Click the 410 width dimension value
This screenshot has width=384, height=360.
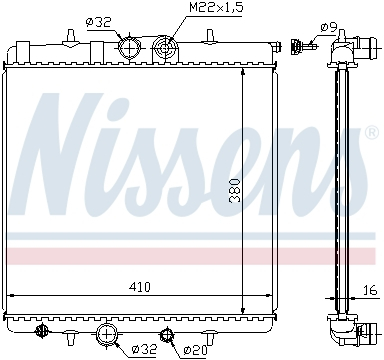(x=139, y=287)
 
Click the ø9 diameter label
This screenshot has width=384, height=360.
(x=328, y=26)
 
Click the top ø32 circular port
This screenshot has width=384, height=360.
(x=128, y=47)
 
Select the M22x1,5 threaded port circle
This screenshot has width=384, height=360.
(x=166, y=46)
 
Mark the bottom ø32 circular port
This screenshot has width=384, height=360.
(x=108, y=332)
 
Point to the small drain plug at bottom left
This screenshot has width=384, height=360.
(x=41, y=330)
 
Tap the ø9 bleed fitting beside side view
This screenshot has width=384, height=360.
(x=299, y=45)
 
